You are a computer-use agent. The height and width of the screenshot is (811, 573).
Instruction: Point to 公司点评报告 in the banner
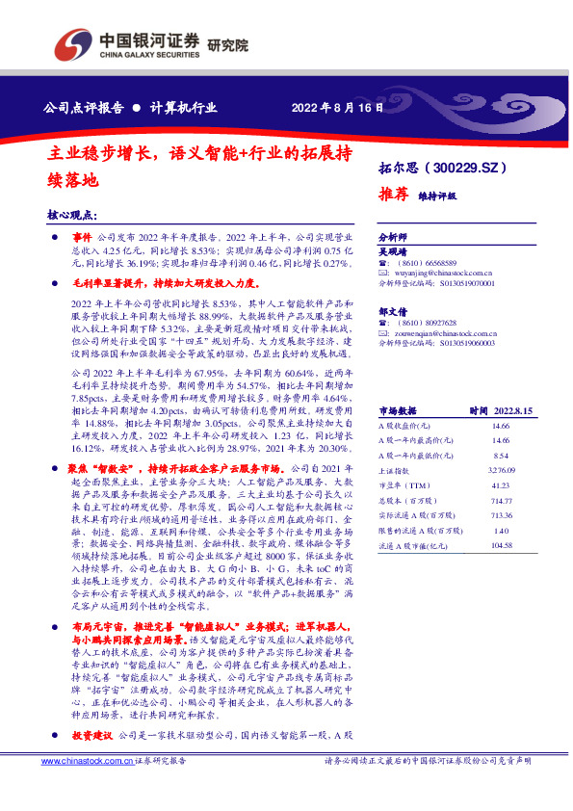tap(84, 107)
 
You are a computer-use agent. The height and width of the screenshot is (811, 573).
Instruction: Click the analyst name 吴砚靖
tap(392, 249)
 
